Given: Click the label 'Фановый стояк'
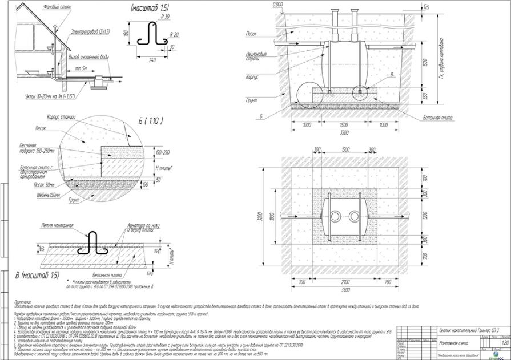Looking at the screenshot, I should point(55,7).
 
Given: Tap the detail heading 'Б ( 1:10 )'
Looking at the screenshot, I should point(151,122).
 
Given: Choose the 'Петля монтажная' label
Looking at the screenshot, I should point(57,226).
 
